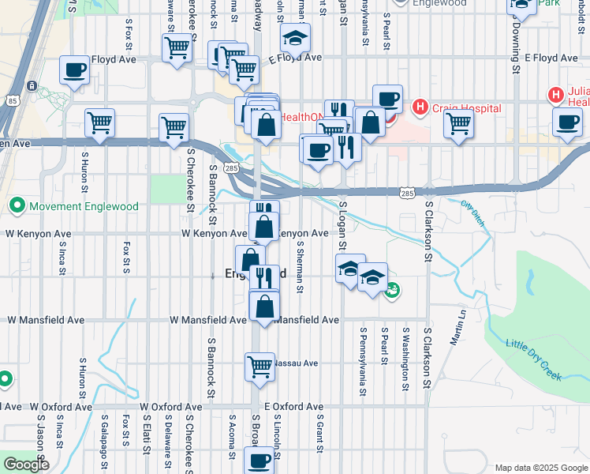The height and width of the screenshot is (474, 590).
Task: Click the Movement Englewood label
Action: (84, 206)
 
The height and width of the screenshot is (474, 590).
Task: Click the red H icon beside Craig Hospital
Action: (420, 107)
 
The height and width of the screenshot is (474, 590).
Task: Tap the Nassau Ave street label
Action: (295, 363)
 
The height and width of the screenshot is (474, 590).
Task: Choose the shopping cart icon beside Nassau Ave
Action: (260, 366)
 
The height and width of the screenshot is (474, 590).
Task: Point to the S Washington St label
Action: (405, 360)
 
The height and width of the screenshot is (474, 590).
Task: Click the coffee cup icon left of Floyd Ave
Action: (74, 70)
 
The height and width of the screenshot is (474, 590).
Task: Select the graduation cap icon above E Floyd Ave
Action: (295, 37)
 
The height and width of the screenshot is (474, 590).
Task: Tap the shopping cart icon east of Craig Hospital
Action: (458, 123)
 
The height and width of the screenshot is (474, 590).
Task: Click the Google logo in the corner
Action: (27, 464)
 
